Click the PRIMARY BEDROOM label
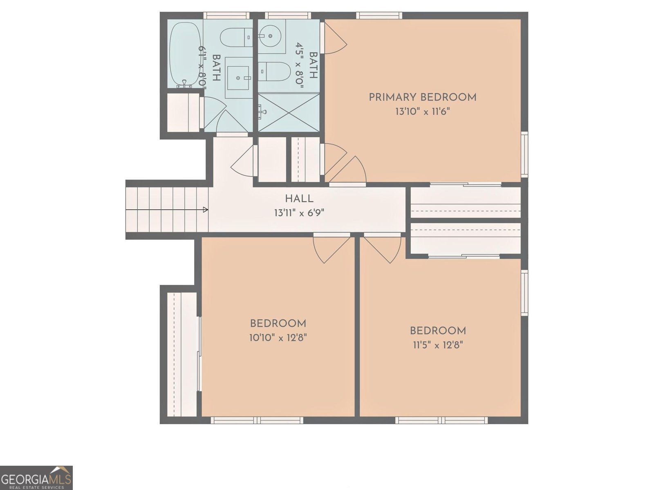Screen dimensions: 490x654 [x=422, y=97]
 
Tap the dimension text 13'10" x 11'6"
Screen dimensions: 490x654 [x=422, y=112]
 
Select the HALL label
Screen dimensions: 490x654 [x=299, y=199]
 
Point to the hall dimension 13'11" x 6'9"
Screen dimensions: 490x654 [x=299, y=213]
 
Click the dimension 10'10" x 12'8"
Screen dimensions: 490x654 [x=278, y=338]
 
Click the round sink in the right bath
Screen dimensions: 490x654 [x=272, y=36]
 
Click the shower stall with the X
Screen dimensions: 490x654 [x=288, y=112]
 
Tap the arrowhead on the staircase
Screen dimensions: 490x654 [x=206, y=210]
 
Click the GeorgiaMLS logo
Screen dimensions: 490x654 [x=36, y=477]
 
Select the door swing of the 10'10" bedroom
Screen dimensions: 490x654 [x=332, y=248]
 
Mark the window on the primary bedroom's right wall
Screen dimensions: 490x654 [x=524, y=154]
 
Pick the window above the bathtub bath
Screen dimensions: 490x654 [x=226, y=16]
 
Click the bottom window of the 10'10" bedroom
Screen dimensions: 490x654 [x=257, y=420]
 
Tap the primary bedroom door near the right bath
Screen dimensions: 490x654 [x=334, y=38]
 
